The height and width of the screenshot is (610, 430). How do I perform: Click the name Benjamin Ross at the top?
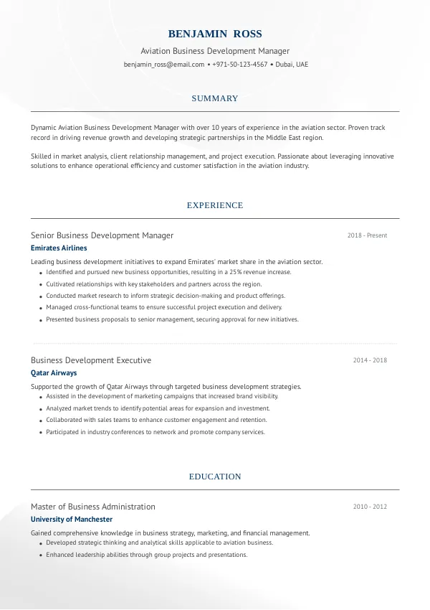click(215, 34)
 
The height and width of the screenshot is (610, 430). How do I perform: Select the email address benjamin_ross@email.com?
click(164, 65)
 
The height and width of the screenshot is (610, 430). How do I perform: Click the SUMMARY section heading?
click(215, 98)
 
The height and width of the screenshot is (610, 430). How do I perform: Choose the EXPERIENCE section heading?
click(215, 205)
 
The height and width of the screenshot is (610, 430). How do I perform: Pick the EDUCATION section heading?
click(215, 477)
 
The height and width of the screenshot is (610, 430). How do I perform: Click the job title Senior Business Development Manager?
click(102, 235)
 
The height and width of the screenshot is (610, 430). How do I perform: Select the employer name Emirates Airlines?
click(59, 248)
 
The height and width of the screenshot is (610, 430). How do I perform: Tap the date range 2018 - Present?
click(367, 235)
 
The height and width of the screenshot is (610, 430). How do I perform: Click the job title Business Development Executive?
click(91, 360)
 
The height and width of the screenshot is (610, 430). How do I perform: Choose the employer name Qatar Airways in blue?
click(54, 373)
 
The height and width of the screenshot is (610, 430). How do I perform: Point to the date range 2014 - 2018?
click(370, 360)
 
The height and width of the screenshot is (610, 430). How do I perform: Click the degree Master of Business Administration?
click(92, 507)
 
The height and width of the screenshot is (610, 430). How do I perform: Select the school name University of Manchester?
click(72, 520)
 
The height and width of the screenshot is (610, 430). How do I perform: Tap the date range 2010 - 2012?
click(370, 507)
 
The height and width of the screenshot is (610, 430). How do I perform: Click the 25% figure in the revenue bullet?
click(236, 273)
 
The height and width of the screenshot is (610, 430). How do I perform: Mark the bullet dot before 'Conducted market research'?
click(39, 296)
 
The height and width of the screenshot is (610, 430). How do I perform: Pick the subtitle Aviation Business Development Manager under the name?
click(215, 52)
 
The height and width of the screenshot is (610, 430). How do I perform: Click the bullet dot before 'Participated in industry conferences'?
click(39, 433)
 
